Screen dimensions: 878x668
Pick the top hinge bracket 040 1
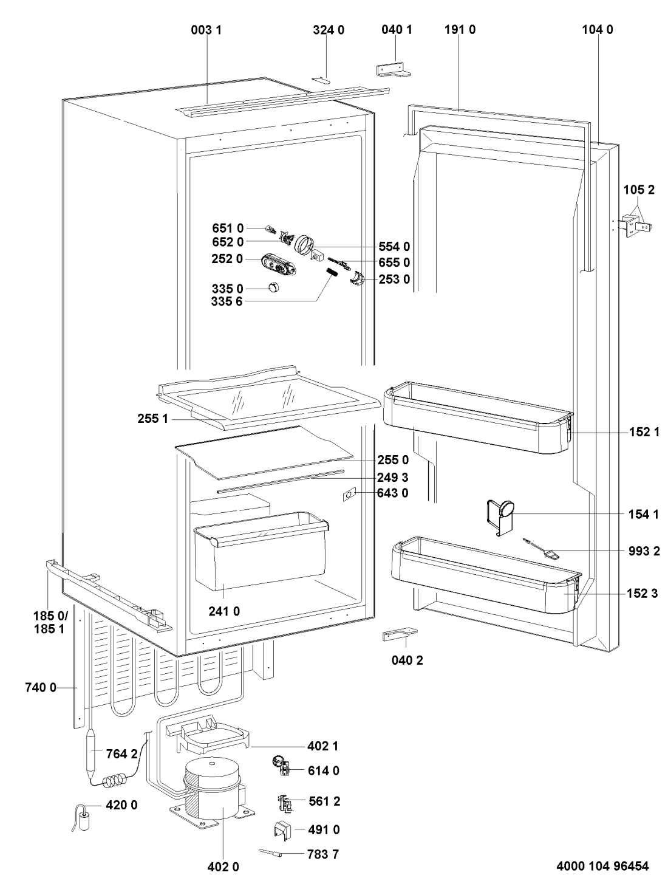click(392, 69)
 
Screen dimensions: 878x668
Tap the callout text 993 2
click(643, 551)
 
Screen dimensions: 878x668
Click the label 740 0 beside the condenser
click(40, 688)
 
